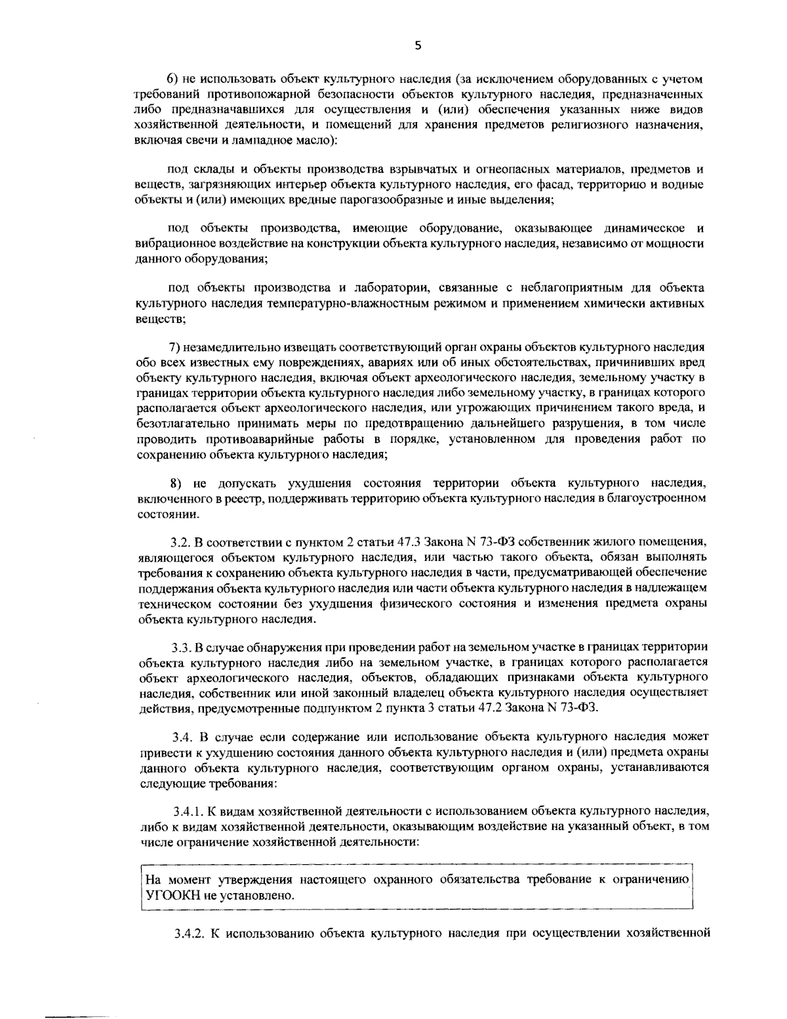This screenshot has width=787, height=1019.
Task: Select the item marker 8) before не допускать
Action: click(175, 483)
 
